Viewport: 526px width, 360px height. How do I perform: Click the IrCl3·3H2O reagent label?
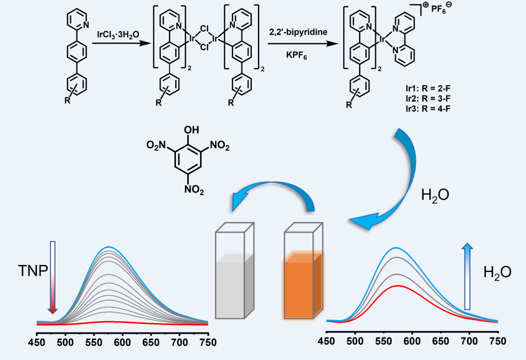point(118,35)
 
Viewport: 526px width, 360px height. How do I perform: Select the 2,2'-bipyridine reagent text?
point(298,32)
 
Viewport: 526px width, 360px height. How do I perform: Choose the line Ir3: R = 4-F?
point(428,108)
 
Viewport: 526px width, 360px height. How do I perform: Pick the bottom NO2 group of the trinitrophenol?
point(194,190)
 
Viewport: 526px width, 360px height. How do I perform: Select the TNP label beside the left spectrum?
point(33,270)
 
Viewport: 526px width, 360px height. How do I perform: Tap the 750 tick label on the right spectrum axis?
point(498,341)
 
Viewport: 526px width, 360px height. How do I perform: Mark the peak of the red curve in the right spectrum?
point(398,286)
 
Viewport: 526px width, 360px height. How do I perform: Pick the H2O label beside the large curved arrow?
point(435,195)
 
